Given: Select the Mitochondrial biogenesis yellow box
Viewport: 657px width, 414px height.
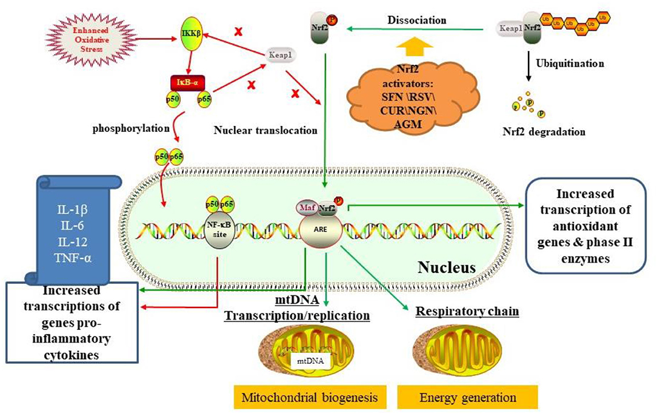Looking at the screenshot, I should [310, 398].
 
